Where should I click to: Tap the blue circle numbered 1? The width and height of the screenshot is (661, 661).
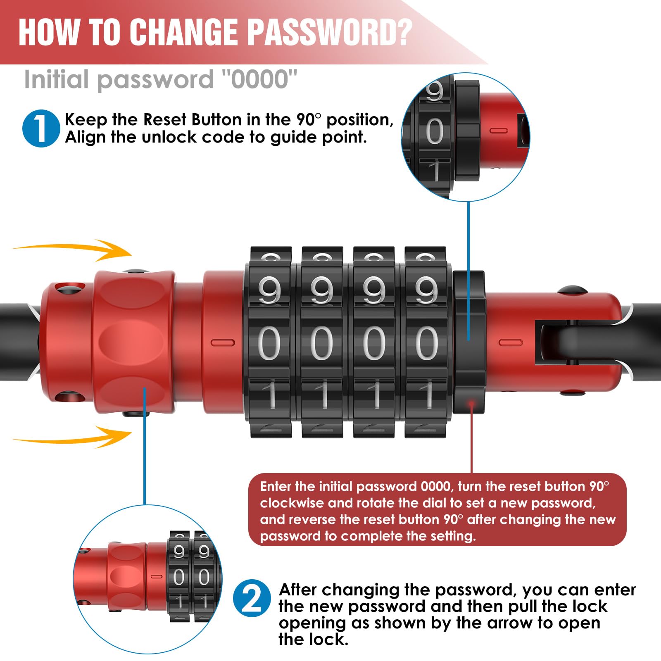point(41,128)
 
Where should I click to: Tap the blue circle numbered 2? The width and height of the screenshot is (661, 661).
point(252,598)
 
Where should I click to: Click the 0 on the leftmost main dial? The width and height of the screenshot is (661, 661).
point(269,343)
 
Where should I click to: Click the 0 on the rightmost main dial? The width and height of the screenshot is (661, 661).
point(426,343)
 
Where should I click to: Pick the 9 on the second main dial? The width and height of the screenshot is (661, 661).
point(322,290)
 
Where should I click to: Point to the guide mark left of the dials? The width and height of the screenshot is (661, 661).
point(223,342)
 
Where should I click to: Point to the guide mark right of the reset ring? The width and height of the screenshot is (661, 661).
point(511,342)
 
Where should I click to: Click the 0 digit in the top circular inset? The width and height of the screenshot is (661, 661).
point(435,131)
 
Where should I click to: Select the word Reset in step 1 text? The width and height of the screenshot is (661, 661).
point(165,120)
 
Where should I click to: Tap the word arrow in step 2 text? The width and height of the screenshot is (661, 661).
point(515,623)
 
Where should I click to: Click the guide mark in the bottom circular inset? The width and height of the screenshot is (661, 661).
point(157,576)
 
